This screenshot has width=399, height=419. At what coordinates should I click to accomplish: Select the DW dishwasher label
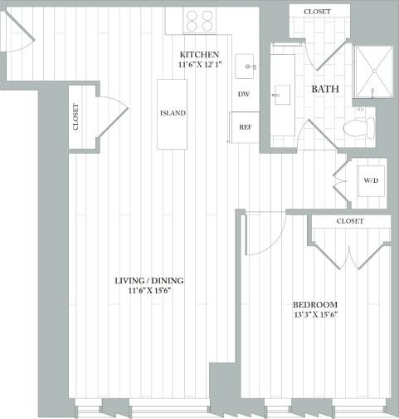244,95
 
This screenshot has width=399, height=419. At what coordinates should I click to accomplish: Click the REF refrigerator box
245,127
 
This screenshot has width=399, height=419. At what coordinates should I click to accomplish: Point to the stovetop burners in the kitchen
200,20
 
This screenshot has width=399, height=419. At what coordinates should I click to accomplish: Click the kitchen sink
247,65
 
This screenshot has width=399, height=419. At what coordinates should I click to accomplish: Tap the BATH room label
324,88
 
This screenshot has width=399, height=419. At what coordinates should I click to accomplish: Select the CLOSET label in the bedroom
350,222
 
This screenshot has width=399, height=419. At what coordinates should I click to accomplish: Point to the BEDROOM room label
315,304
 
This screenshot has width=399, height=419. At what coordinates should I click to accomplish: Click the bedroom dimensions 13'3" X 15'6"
315,315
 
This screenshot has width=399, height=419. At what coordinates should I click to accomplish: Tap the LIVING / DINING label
149,281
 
